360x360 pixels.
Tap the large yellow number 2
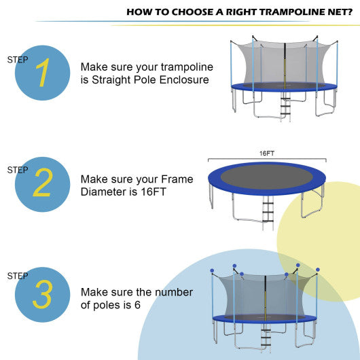point(42,183)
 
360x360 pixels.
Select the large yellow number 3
point(42,295)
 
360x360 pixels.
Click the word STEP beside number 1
point(18,60)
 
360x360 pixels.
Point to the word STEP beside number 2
point(18,170)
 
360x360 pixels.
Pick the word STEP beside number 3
point(18,276)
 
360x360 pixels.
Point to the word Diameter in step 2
point(103,192)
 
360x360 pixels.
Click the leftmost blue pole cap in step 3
point(211,270)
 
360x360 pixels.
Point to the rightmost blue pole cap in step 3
point(316,270)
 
